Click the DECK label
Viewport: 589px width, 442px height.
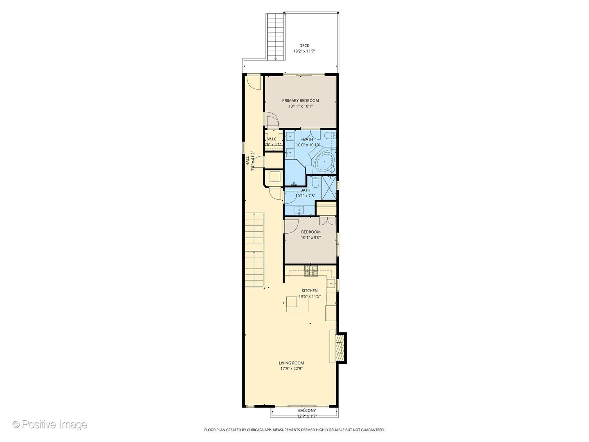coord(304,45)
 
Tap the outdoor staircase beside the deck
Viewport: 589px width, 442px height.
coord(276,37)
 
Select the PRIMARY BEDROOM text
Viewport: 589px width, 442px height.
coord(300,101)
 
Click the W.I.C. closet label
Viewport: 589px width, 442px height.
coord(272,139)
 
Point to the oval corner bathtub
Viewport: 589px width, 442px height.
coord(325,162)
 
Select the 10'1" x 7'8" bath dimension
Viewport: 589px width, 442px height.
coord(305,196)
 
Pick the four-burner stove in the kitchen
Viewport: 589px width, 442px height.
coord(311,270)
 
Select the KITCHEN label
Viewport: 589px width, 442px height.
coord(309,291)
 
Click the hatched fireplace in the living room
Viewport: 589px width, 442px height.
coord(339,347)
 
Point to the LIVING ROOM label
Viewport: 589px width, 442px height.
coord(291,363)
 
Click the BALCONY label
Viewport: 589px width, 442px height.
coord(307,410)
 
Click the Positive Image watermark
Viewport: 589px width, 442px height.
coord(50,424)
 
